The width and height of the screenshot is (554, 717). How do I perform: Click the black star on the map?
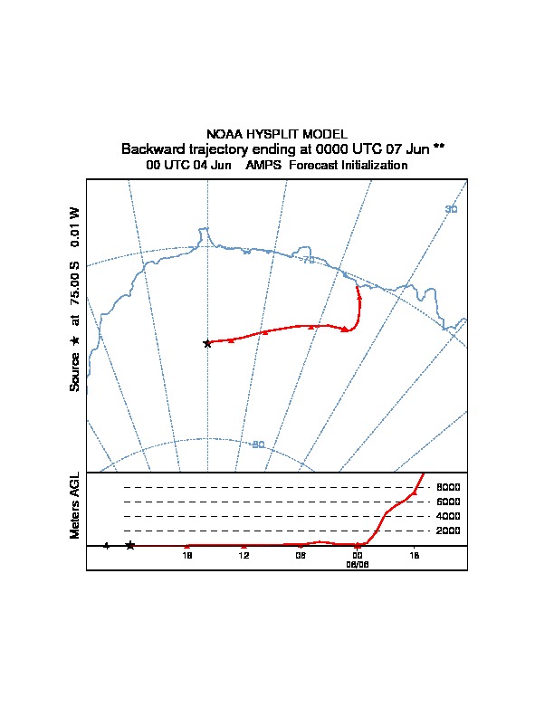click(x=207, y=343)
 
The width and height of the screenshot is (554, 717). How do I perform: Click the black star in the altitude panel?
click(x=130, y=545)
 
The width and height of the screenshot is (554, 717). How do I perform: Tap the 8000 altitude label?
click(x=449, y=487)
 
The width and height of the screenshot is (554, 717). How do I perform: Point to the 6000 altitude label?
click(x=449, y=502)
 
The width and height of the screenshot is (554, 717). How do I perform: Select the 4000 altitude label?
click(x=449, y=516)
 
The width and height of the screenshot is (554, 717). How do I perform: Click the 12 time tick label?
click(x=244, y=555)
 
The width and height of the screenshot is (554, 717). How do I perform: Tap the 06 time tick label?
click(x=301, y=555)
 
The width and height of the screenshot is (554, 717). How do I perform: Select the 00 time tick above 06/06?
click(x=358, y=555)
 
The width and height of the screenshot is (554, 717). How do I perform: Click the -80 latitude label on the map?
click(x=257, y=445)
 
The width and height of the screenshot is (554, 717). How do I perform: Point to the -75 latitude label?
click(x=308, y=261)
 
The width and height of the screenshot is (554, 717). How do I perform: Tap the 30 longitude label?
click(x=451, y=210)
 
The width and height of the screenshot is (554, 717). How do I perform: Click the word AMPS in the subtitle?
click(x=263, y=166)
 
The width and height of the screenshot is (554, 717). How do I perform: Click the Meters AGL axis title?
click(x=76, y=505)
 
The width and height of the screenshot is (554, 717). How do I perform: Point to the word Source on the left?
click(x=76, y=371)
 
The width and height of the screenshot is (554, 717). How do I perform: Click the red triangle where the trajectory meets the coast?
click(x=358, y=292)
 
